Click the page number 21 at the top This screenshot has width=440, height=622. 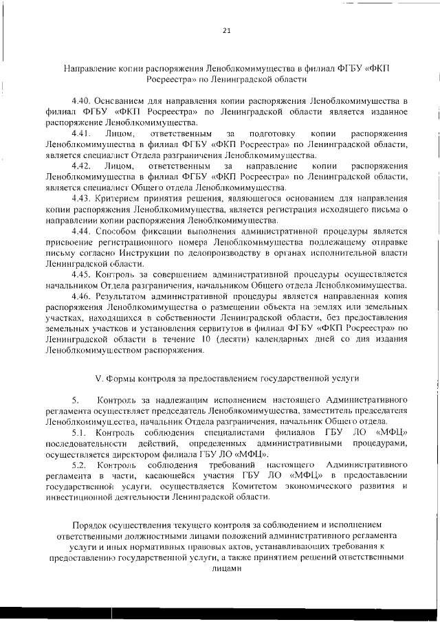(x=226, y=30)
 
